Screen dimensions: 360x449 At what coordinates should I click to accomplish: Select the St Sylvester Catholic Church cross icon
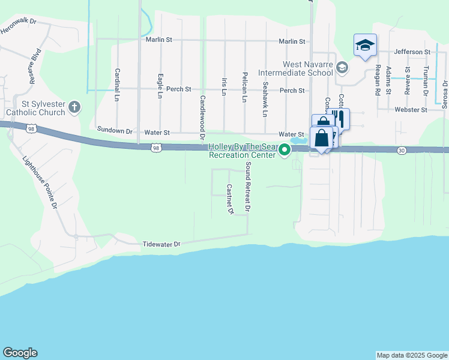click(x=74, y=107)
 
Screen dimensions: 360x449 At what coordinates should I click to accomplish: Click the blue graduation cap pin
click(x=365, y=46)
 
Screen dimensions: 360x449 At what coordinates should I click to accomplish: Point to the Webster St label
click(x=411, y=110)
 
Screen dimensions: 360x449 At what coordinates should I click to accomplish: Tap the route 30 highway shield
click(x=402, y=150)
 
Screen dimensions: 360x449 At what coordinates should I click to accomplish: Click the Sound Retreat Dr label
click(x=246, y=187)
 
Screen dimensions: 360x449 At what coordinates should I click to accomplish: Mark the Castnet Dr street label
click(x=229, y=199)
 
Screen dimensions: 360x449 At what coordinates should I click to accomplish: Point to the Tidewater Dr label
click(x=161, y=245)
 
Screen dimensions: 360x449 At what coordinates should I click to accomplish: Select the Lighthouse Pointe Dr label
click(x=40, y=182)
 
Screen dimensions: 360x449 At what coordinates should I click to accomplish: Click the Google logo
click(x=20, y=353)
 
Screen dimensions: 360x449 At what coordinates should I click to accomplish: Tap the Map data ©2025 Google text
click(x=412, y=355)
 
